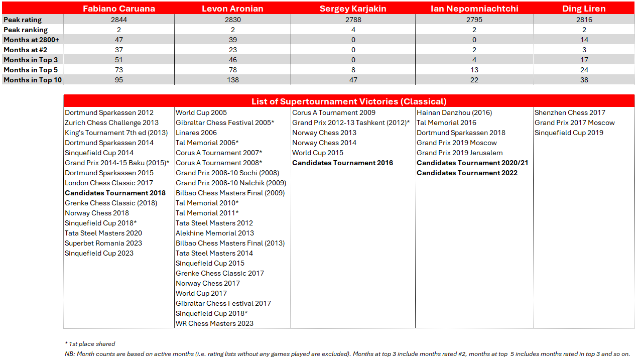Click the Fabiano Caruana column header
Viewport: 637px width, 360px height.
(x=119, y=9)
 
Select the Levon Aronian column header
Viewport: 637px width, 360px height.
(x=232, y=9)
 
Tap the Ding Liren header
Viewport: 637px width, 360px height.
(x=584, y=9)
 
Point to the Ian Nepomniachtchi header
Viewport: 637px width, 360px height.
(x=474, y=9)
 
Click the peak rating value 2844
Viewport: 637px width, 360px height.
(x=119, y=20)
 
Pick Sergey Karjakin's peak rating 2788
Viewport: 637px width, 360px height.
(x=353, y=20)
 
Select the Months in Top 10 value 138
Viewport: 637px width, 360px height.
(x=232, y=80)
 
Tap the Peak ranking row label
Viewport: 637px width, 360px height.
(x=26, y=30)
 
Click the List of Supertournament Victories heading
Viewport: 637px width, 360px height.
(x=349, y=101)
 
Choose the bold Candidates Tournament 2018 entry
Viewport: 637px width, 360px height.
(x=115, y=193)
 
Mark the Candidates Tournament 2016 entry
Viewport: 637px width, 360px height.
(x=342, y=163)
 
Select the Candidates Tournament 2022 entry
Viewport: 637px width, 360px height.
(x=467, y=173)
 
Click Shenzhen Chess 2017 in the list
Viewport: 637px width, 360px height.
(x=570, y=112)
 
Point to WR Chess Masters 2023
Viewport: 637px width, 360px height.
(x=214, y=323)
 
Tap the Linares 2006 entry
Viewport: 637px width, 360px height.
(x=196, y=133)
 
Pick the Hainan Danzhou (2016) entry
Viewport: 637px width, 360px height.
(x=454, y=112)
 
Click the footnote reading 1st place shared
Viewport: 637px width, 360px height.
(x=91, y=344)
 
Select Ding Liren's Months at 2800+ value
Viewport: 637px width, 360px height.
(x=584, y=40)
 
